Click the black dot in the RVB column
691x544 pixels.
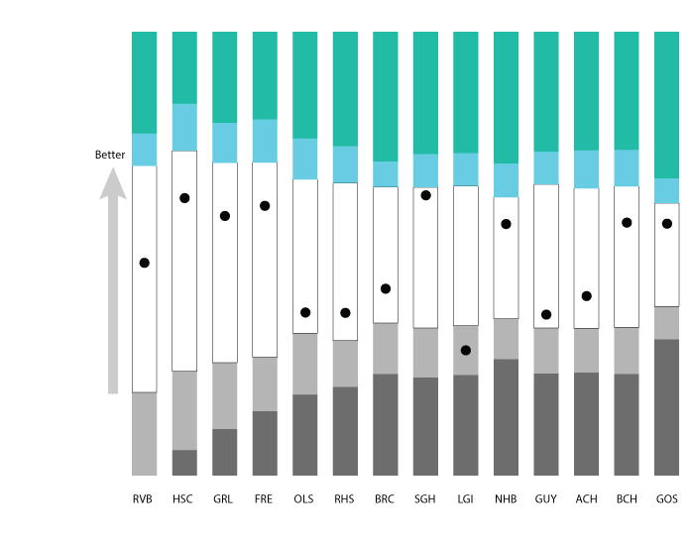(x=145, y=263)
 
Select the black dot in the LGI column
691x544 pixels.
(x=466, y=350)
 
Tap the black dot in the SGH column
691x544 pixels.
(x=425, y=195)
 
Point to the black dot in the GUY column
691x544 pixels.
(x=546, y=314)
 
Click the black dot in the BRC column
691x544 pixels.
(x=386, y=288)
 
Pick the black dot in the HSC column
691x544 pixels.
(x=184, y=198)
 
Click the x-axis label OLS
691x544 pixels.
(x=304, y=499)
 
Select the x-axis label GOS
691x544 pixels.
(x=666, y=499)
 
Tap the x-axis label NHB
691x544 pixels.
(x=506, y=499)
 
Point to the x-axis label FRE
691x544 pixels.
(x=265, y=499)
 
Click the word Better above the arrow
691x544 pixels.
(x=110, y=156)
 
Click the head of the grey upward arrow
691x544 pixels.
(x=113, y=184)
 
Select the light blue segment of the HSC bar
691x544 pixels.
(x=184, y=127)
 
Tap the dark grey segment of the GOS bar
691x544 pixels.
(x=666, y=406)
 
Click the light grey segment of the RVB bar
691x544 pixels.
(x=145, y=433)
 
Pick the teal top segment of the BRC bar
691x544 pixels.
(x=386, y=96)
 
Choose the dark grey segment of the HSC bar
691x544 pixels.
(x=184, y=463)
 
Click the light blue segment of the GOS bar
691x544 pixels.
(x=666, y=190)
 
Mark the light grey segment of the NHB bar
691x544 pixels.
(x=506, y=338)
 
